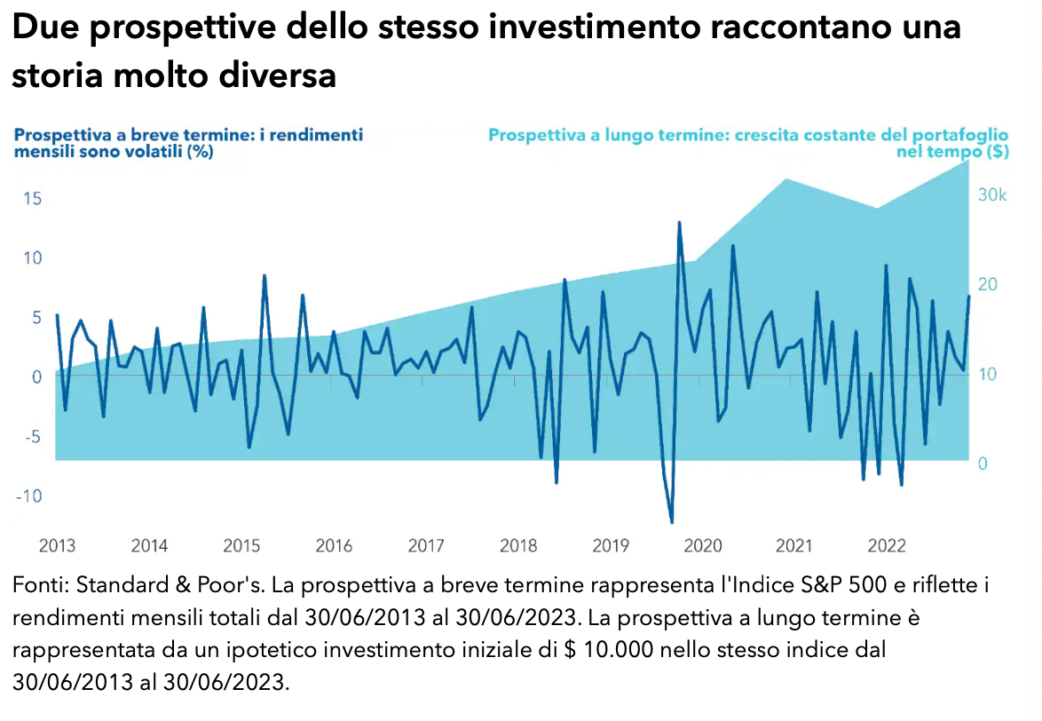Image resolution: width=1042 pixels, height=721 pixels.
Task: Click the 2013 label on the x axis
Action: point(57,545)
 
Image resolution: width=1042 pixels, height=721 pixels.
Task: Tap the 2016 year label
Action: point(334,545)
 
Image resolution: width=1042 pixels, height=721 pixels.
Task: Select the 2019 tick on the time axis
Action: point(611,545)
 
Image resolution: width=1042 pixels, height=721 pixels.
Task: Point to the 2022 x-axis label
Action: point(887,545)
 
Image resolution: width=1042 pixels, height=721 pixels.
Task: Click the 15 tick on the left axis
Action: point(32,198)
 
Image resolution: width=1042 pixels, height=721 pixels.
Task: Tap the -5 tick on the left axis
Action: point(32,436)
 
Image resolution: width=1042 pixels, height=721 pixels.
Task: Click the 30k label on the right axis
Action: point(992,195)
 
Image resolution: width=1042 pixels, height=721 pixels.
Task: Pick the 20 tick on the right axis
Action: point(987,284)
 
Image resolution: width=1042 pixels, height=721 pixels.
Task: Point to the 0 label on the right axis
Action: point(983,463)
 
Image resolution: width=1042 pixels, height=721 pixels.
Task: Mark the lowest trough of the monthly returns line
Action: point(671,522)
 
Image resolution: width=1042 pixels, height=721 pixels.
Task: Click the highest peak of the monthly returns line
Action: point(679,222)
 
